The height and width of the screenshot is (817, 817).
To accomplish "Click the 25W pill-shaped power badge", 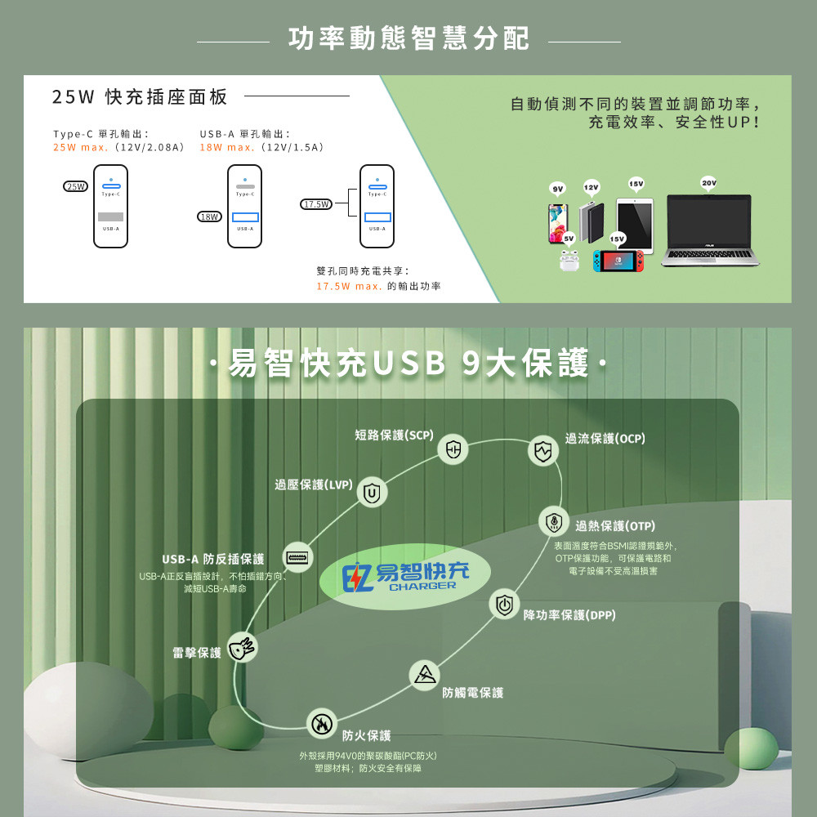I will click(x=76, y=186).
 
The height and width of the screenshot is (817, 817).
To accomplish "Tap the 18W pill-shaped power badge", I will click(x=210, y=217).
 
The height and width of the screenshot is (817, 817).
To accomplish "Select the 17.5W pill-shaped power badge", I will click(x=316, y=203).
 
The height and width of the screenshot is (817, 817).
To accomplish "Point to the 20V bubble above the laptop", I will click(x=708, y=183).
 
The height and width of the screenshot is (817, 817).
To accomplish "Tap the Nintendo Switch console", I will click(x=618, y=261).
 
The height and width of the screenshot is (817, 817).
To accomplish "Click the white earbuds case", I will click(x=569, y=261).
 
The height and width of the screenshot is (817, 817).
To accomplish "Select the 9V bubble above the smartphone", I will click(x=557, y=190).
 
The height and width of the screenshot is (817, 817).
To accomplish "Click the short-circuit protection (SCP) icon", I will click(x=453, y=449).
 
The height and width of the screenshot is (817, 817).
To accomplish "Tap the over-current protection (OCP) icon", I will click(x=542, y=450).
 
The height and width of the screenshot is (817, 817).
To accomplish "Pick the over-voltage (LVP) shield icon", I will click(x=373, y=492).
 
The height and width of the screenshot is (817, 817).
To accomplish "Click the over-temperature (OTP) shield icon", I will click(x=554, y=521).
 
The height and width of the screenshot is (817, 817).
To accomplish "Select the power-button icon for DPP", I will click(x=504, y=604).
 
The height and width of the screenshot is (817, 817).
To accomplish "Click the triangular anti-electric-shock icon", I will click(x=424, y=675).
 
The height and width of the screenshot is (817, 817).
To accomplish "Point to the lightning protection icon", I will click(x=242, y=647).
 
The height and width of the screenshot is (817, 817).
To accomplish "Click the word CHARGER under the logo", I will click(x=422, y=586).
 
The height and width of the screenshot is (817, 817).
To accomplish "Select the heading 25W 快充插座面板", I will click(x=140, y=97).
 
